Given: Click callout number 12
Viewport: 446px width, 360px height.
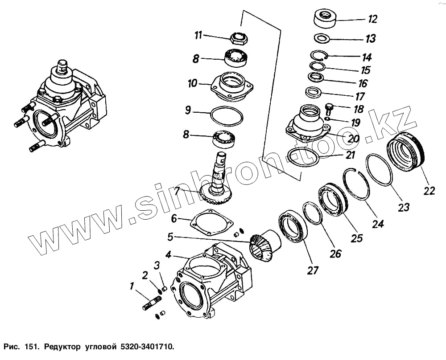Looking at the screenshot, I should [372, 19].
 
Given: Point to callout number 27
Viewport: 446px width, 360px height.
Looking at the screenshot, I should [313, 270].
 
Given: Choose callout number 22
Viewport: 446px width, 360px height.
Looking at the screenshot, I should [429, 191].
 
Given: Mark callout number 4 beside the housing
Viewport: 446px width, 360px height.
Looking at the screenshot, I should [168, 255].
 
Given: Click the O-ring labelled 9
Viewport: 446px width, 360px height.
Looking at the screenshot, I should [227, 116].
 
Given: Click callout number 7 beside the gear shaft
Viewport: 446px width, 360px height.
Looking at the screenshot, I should [178, 191].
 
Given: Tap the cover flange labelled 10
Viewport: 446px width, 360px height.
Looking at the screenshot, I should [232, 86].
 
